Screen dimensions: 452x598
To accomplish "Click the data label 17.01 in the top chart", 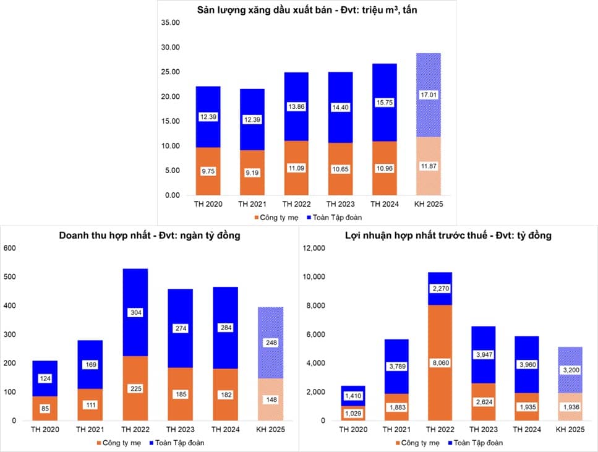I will [429, 95].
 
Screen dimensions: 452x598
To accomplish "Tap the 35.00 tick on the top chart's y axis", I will [169, 23].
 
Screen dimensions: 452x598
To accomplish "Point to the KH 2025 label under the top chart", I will [429, 204].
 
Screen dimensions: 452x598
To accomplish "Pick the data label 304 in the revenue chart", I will [135, 313].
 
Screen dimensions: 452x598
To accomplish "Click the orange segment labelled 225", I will [135, 388].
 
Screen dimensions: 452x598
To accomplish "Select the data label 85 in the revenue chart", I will [45, 407].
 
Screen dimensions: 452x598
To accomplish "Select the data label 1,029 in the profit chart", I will [354, 413].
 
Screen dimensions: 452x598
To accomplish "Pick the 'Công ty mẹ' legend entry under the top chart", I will [279, 217].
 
